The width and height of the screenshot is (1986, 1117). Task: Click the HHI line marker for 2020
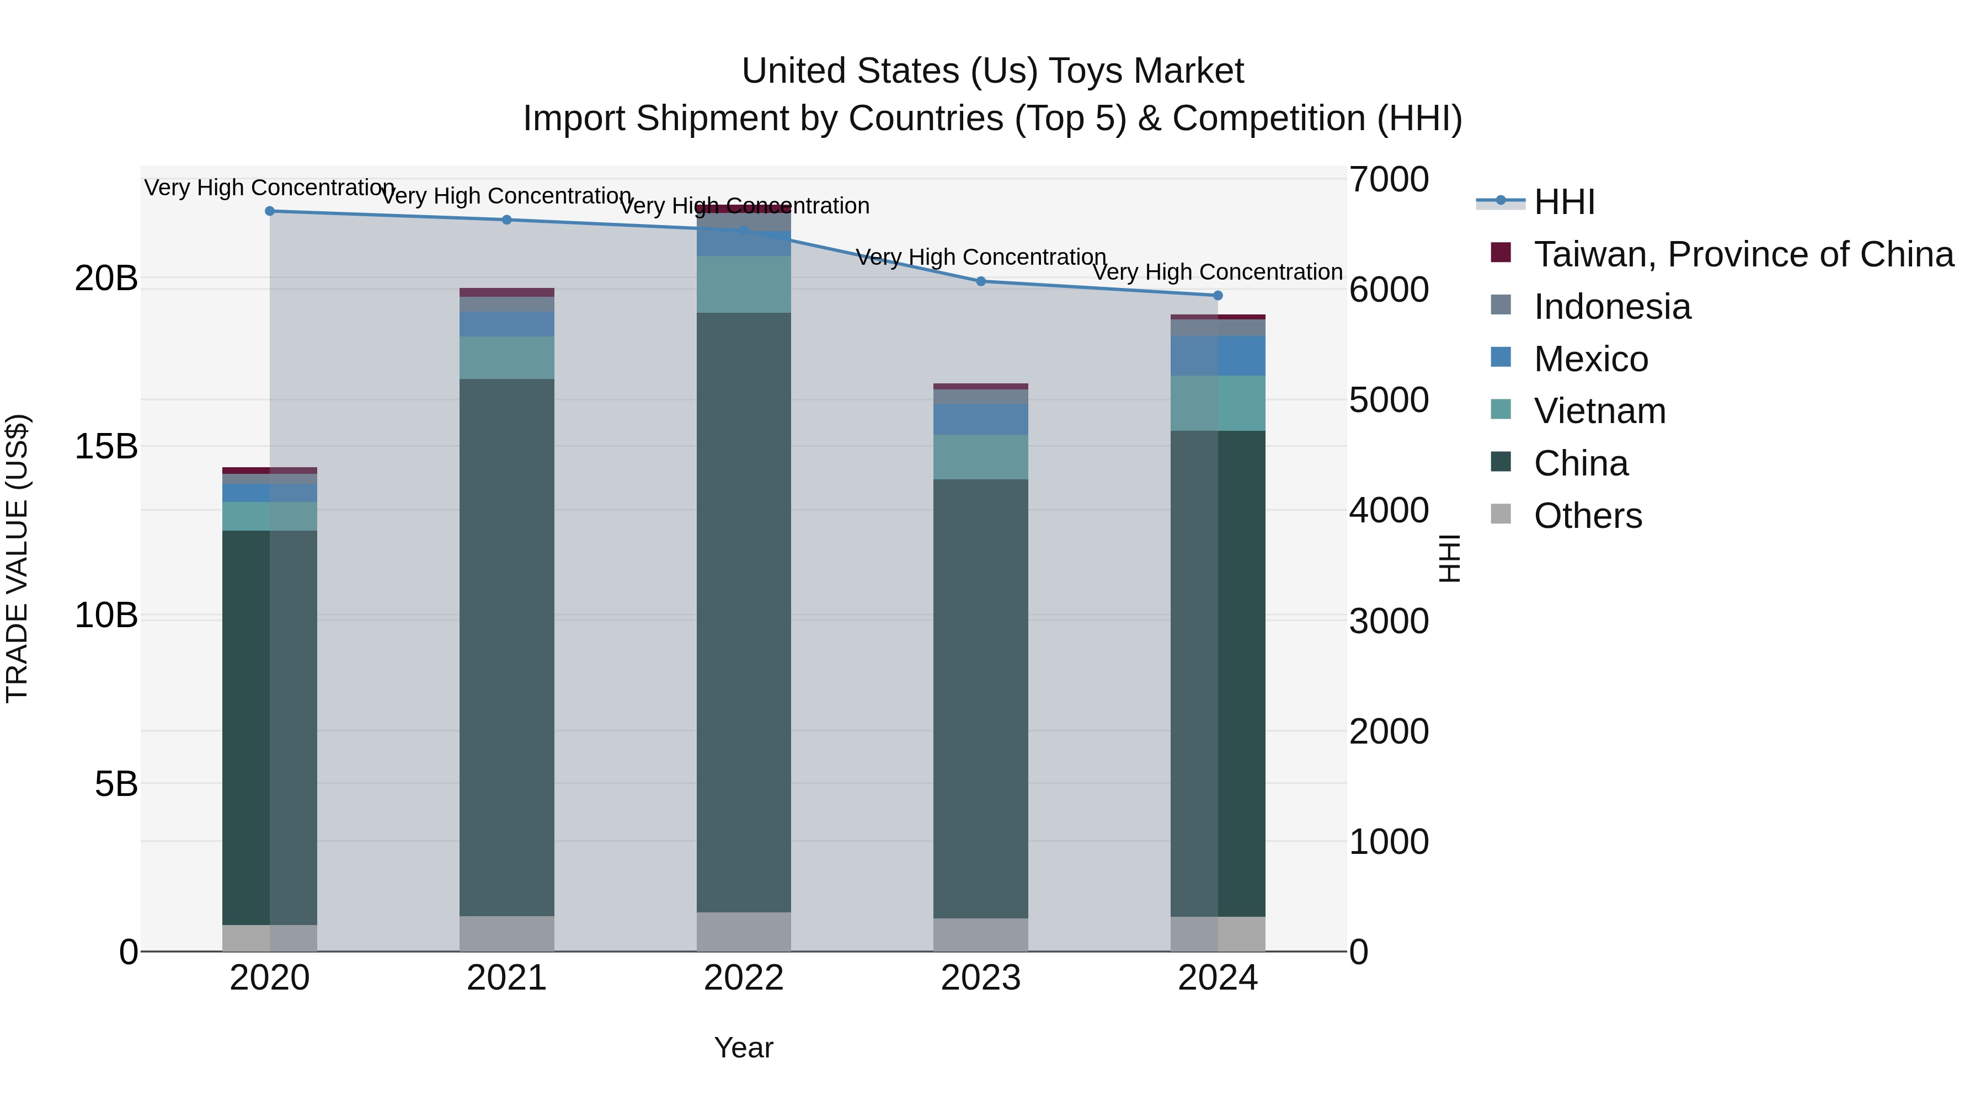click(270, 211)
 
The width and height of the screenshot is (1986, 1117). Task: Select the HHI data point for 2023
click(981, 281)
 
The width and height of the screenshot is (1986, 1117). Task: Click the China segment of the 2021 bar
click(506, 648)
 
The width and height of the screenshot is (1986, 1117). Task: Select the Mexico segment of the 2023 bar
click(981, 419)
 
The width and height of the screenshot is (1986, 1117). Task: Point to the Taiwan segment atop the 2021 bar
click(506, 292)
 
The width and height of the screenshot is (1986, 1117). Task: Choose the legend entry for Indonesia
click(1611, 307)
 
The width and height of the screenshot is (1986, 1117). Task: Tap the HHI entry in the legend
click(1563, 202)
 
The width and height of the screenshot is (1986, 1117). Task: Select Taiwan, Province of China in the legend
click(1742, 254)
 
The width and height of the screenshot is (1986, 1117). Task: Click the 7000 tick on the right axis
click(1389, 180)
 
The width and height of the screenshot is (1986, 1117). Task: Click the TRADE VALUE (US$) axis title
click(17, 558)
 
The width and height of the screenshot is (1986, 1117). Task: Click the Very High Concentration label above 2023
click(981, 256)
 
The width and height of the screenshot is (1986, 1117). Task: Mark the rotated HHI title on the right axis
click(1449, 558)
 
